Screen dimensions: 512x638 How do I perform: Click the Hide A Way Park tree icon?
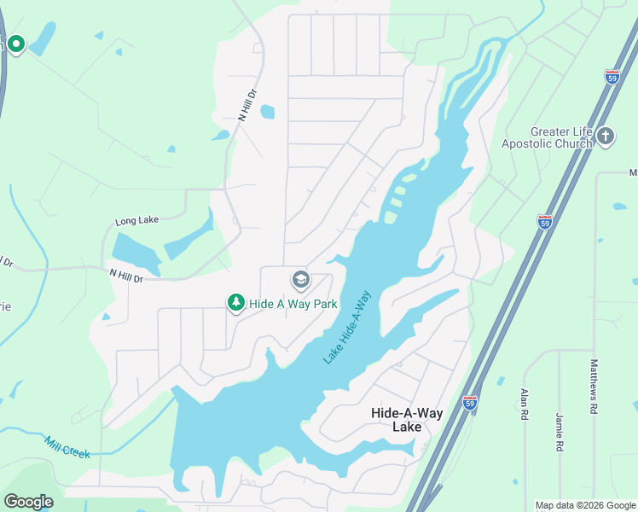[235, 303]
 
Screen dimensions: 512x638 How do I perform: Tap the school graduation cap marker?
[300, 279]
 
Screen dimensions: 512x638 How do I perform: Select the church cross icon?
[606, 137]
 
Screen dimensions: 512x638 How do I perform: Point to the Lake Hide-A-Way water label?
[347, 329]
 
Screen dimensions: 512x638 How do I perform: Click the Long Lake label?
[137, 222]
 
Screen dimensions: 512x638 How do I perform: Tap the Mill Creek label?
[67, 447]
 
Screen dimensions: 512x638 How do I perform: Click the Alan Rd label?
[525, 404]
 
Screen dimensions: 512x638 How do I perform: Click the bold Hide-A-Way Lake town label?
[407, 419]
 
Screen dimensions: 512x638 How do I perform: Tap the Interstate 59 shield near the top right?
[612, 77]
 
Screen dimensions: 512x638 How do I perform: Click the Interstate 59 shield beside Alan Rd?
[469, 402]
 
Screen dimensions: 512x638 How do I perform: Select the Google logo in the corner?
[28, 502]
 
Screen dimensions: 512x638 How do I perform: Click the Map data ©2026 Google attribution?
[585, 505]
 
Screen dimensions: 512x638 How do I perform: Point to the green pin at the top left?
[16, 44]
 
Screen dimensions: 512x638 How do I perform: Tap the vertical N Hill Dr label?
[247, 105]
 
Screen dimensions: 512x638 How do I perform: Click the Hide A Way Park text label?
[293, 304]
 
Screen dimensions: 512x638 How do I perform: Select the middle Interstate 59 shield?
[545, 221]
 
